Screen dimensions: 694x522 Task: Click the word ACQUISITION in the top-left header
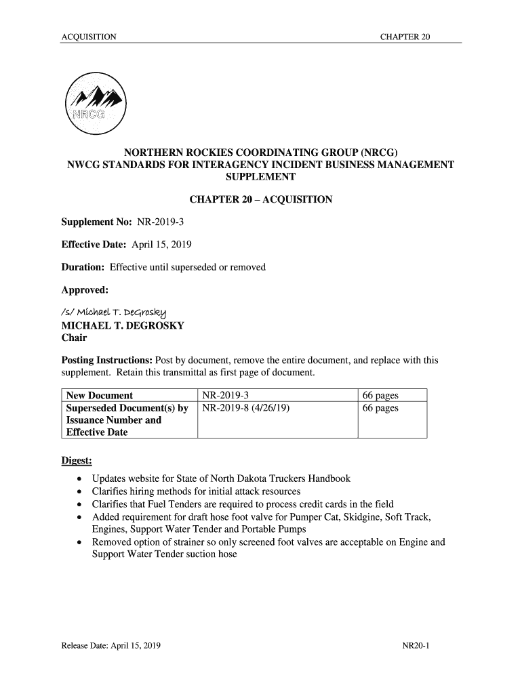coord(88,36)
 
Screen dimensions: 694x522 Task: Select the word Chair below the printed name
coord(75,338)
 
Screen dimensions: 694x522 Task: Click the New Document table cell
coord(99,396)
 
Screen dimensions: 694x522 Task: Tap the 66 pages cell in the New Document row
coord(380,396)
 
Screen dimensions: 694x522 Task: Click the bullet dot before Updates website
coord(81,479)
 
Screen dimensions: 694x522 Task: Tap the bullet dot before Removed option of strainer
coord(81,542)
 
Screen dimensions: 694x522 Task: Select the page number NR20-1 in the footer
coord(416,646)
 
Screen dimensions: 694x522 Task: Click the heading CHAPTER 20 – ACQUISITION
coord(260,199)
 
